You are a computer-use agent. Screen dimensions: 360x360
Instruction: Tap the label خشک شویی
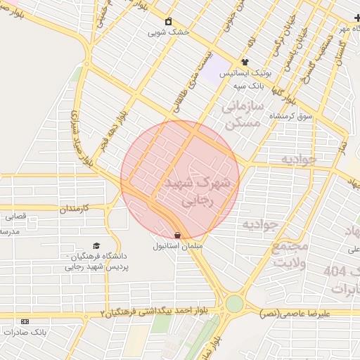click(x=168, y=32)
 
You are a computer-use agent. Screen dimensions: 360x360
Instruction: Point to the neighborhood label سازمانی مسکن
click(x=242, y=115)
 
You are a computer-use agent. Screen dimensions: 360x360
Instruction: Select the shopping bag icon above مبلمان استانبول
click(x=176, y=235)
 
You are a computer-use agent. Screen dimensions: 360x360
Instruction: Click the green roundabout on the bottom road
click(x=234, y=303)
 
